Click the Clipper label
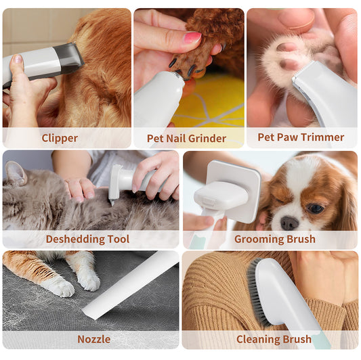(x=60, y=138)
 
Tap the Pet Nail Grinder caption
(x=186, y=138)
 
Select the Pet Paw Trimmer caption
(x=301, y=137)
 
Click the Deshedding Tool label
(x=87, y=239)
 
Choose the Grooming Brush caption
(x=274, y=239)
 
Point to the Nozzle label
(x=93, y=339)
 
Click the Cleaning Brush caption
(x=274, y=339)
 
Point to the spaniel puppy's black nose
(x=290, y=223)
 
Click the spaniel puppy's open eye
(x=315, y=208)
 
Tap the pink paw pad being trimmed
(x=289, y=48)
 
